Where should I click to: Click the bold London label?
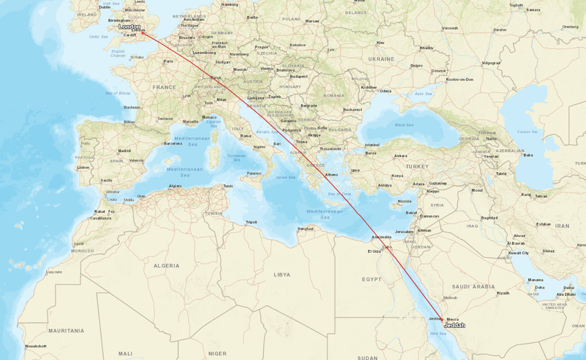[129, 27]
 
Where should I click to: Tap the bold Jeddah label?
[454, 325]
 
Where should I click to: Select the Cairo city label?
[386, 246]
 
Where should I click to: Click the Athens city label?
[332, 175]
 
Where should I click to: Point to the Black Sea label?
[403, 125]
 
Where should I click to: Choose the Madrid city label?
[124, 151]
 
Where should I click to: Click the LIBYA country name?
[282, 274]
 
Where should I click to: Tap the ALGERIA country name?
[167, 266]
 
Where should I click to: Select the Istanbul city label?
[372, 145]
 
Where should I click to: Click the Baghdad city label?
[489, 218]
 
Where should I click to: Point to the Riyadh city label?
[503, 293]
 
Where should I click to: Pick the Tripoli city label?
[251, 222]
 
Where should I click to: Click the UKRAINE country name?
[381, 59]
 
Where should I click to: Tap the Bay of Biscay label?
[118, 93]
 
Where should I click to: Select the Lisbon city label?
[84, 168]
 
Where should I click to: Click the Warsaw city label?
[312, 21]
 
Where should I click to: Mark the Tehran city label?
[541, 196]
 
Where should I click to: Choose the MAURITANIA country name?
[66, 330]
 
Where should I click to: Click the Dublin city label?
[104, 7]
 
